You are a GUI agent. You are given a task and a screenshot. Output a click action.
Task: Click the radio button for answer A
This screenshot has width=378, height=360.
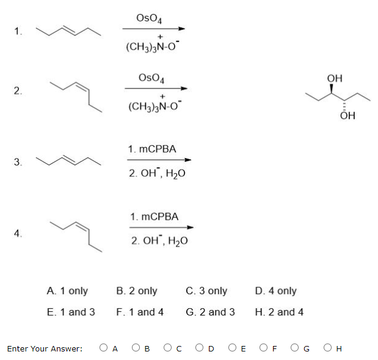tap(104, 348)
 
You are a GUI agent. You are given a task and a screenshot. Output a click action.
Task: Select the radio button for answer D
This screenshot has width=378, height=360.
tap(200, 348)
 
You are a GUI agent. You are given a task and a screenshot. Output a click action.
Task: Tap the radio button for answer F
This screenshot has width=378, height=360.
tap(263, 348)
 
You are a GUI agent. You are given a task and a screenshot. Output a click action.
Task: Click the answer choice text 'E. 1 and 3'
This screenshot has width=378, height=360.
tap(70, 312)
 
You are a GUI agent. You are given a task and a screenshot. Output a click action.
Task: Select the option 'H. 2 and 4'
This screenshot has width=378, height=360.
tap(279, 312)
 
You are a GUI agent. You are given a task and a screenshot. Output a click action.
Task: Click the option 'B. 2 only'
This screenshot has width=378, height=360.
tap(136, 291)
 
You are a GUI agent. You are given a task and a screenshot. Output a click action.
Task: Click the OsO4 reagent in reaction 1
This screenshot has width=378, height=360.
tap(149, 18)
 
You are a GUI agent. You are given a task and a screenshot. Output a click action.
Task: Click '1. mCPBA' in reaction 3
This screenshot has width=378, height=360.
tap(152, 149)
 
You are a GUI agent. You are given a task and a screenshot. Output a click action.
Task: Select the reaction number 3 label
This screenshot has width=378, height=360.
tap(18, 162)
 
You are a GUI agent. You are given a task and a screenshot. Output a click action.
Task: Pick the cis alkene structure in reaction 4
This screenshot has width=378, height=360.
tap(77, 232)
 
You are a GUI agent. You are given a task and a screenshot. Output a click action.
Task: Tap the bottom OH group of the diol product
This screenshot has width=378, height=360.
tap(349, 115)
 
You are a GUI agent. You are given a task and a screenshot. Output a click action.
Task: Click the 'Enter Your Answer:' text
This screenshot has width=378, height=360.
tap(45, 349)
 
